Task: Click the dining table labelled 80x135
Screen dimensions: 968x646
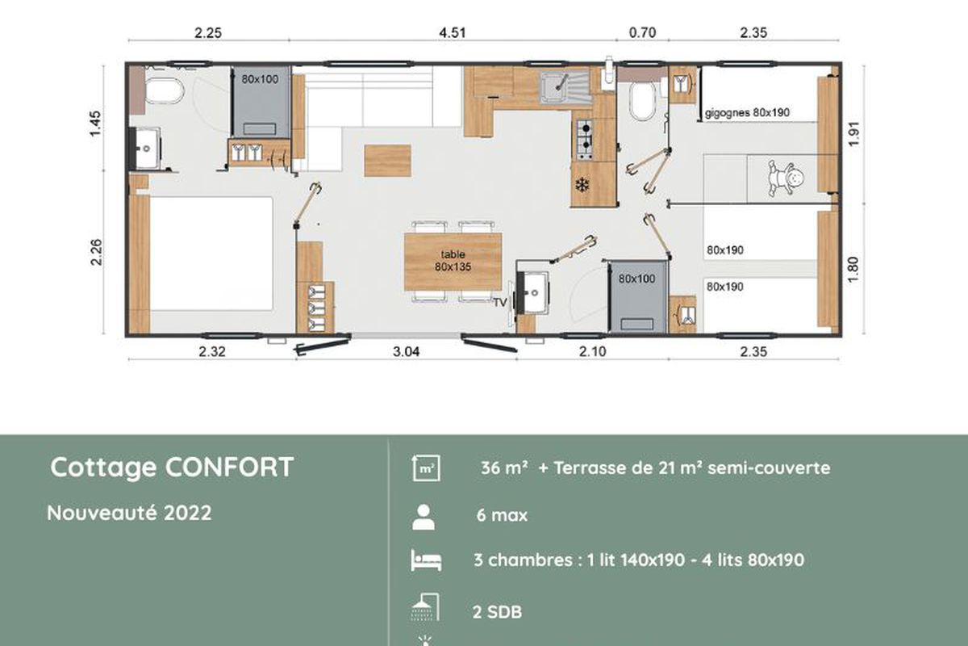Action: pos(453,262)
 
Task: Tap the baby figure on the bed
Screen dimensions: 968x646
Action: pos(786,178)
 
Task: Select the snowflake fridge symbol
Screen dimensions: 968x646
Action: pos(582,185)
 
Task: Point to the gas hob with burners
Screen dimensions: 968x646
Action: pos(584,140)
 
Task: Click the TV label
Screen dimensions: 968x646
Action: pos(500,303)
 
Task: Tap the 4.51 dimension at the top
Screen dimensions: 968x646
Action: pos(453,33)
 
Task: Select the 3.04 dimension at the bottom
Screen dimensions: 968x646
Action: pos(406,352)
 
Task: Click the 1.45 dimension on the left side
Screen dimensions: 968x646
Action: pos(95,124)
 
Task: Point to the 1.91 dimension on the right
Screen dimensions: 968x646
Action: pos(853,134)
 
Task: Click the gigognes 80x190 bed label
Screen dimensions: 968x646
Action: pos(747,113)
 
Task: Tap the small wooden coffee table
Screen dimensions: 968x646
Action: pos(387,161)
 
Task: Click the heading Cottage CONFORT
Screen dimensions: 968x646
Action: pos(172,468)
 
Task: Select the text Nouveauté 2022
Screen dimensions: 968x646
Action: pos(129,513)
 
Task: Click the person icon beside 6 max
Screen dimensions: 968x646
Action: pos(423,517)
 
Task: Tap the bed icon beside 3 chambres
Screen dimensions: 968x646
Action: pos(426,560)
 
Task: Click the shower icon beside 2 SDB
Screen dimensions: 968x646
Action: pos(425,607)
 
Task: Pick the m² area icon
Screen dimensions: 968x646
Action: pos(426,468)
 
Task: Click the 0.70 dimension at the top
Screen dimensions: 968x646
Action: pos(642,33)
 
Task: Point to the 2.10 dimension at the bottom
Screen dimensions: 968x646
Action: pos(592,352)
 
